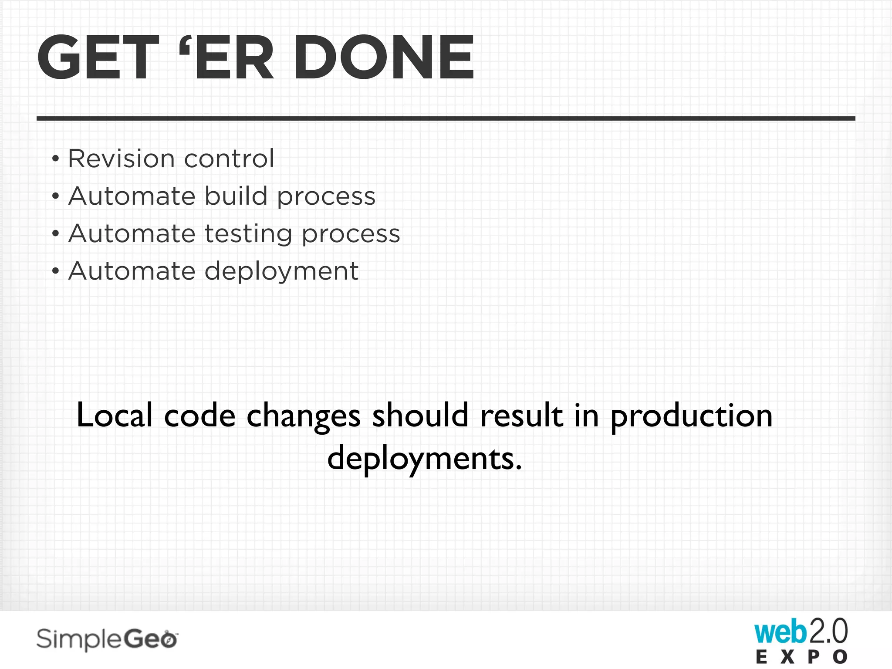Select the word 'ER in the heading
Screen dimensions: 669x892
pyautogui.click(x=227, y=57)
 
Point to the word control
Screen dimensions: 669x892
pyautogui.click(x=229, y=158)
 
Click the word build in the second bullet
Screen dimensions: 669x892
pyautogui.click(x=236, y=196)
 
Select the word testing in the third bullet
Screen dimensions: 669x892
pyautogui.click(x=248, y=234)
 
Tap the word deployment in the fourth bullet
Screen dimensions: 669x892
pyautogui.click(x=281, y=272)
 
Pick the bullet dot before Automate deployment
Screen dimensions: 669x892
pyautogui.click(x=55, y=272)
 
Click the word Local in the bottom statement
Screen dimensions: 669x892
pyautogui.click(x=115, y=415)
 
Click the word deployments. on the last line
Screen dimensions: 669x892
pyautogui.click(x=425, y=459)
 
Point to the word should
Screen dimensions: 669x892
pyautogui.click(x=420, y=415)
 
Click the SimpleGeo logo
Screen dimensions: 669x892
pyautogui.click(x=107, y=639)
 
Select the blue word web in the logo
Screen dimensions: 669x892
pyautogui.click(x=780, y=632)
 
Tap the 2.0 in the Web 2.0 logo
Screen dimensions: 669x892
pyautogui.click(x=828, y=632)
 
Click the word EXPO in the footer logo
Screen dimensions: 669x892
pyautogui.click(x=801, y=657)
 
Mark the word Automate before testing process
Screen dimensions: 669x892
pyautogui.click(x=132, y=233)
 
